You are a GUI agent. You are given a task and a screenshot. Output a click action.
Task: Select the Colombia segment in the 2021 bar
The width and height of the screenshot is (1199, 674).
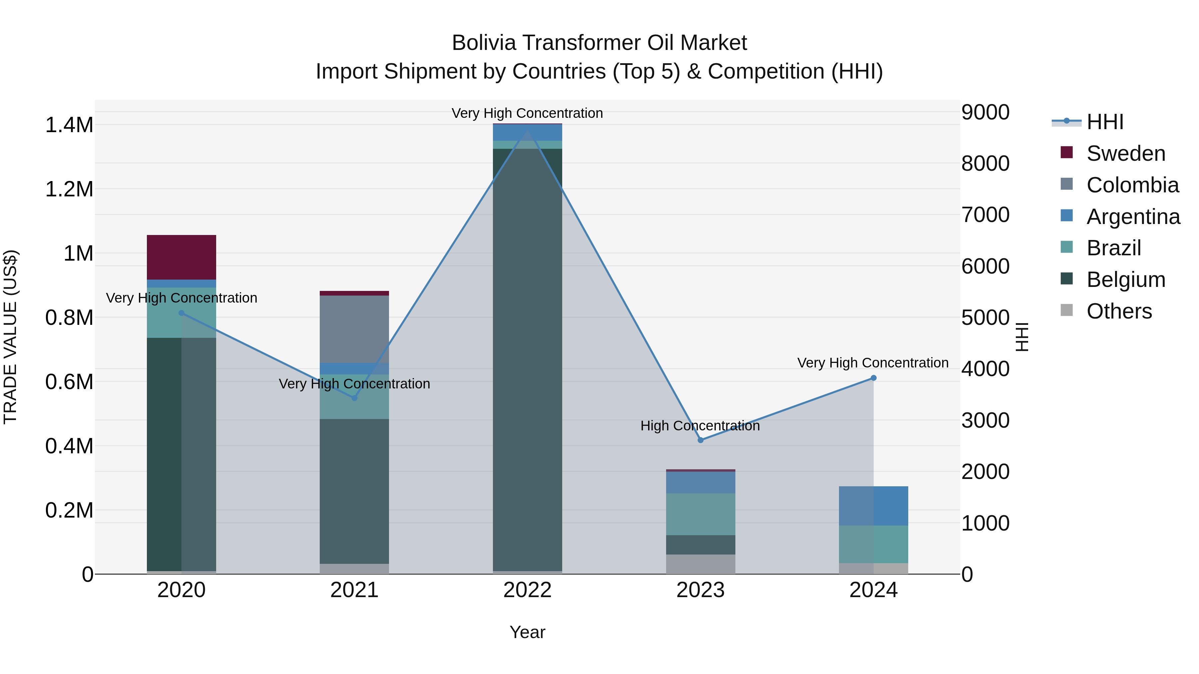(354, 329)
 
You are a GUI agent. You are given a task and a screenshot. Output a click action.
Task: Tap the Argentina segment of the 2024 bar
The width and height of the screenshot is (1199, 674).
(873, 506)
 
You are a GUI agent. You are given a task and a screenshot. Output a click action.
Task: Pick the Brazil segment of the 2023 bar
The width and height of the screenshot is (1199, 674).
(700, 514)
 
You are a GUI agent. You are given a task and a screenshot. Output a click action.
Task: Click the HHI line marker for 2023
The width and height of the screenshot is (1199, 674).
(700, 440)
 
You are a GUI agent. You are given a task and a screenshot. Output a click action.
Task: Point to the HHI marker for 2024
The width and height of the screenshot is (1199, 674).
(873, 378)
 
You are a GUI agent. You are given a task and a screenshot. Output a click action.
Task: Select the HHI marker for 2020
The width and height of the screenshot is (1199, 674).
(182, 313)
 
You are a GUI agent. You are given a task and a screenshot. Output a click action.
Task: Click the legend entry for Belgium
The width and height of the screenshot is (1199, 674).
(1125, 280)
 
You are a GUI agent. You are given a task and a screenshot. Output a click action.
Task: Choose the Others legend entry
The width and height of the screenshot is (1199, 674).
(1119, 311)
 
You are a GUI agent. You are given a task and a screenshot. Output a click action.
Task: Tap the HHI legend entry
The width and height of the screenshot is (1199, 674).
(1105, 122)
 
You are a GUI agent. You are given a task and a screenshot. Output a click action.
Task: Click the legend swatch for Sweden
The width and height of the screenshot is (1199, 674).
(1066, 152)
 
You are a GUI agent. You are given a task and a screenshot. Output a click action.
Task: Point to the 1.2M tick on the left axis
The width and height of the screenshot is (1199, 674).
(69, 189)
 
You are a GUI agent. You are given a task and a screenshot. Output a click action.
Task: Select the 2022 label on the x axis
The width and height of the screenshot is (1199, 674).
(527, 590)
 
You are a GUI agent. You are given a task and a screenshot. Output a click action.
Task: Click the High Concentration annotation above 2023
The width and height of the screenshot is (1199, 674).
(700, 426)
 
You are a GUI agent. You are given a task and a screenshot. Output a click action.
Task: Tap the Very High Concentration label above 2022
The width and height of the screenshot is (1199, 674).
(527, 113)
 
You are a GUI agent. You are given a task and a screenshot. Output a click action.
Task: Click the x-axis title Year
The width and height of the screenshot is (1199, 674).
(527, 632)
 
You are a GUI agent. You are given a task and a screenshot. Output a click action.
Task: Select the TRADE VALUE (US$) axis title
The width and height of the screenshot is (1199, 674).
(10, 337)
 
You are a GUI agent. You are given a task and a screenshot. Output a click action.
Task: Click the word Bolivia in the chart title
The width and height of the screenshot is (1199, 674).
(484, 43)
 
